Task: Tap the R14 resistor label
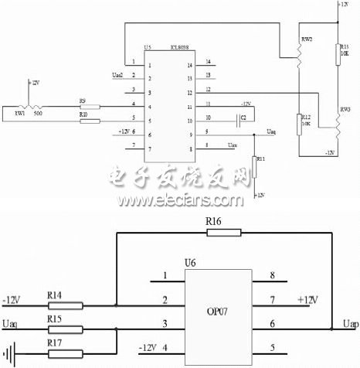tap(55, 295)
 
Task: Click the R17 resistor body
tap(66, 356)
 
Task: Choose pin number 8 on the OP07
tap(270, 274)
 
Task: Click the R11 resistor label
tap(260, 158)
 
